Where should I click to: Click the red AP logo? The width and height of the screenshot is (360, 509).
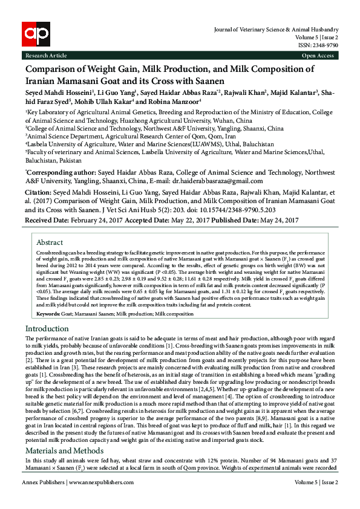35,35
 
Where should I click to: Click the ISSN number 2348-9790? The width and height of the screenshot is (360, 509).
325,44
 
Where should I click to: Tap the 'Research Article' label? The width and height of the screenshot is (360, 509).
46,56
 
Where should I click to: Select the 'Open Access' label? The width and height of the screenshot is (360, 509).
318,56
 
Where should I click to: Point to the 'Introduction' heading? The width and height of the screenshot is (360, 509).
47,328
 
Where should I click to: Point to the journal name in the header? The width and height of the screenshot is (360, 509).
275,30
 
